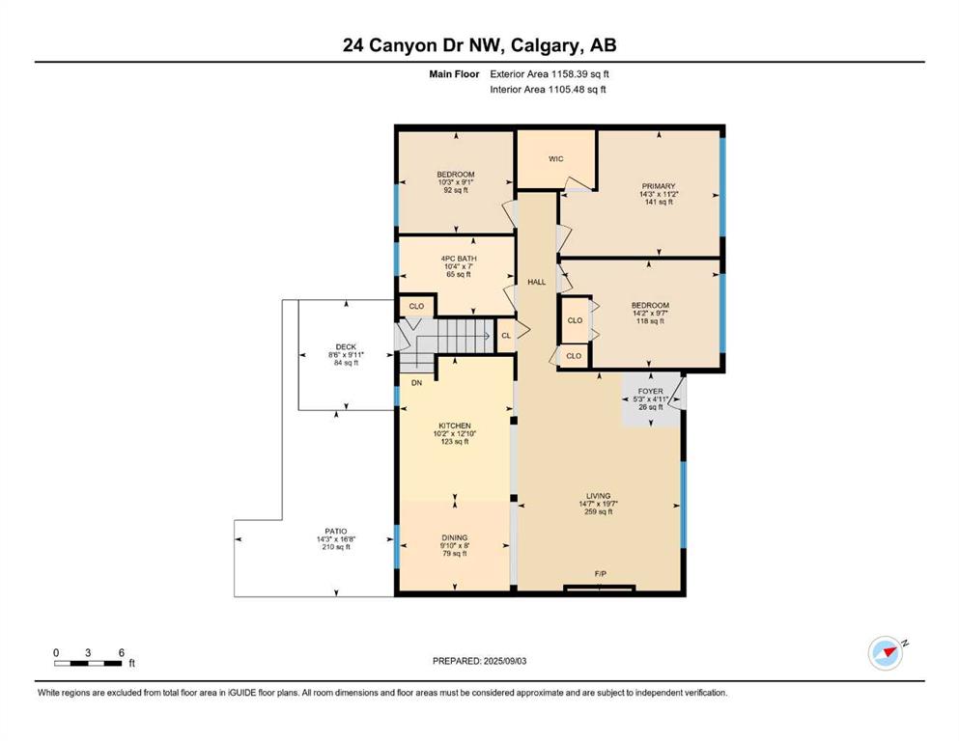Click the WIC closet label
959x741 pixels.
tap(555, 159)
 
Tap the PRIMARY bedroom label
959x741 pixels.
tap(658, 186)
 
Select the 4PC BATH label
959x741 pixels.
tap(459, 259)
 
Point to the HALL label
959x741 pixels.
tap(536, 283)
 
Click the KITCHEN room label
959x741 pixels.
tap(455, 425)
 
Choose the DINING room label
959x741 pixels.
tap(455, 538)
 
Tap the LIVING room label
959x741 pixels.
tap(598, 496)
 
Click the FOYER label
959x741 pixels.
tap(650, 392)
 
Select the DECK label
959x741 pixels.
tap(346, 347)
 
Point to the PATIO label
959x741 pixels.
tap(336, 532)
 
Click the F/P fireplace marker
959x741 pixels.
tap(600, 574)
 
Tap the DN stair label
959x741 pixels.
tap(416, 383)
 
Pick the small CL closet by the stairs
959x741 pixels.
tap(506, 336)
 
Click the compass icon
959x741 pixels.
tap(886, 653)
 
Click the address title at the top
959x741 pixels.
tap(479, 45)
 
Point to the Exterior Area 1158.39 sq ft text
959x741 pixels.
tap(550, 74)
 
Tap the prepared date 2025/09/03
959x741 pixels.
tap(504, 661)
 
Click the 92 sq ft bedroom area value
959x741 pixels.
tap(456, 190)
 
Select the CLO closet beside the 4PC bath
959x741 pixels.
tap(416, 307)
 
